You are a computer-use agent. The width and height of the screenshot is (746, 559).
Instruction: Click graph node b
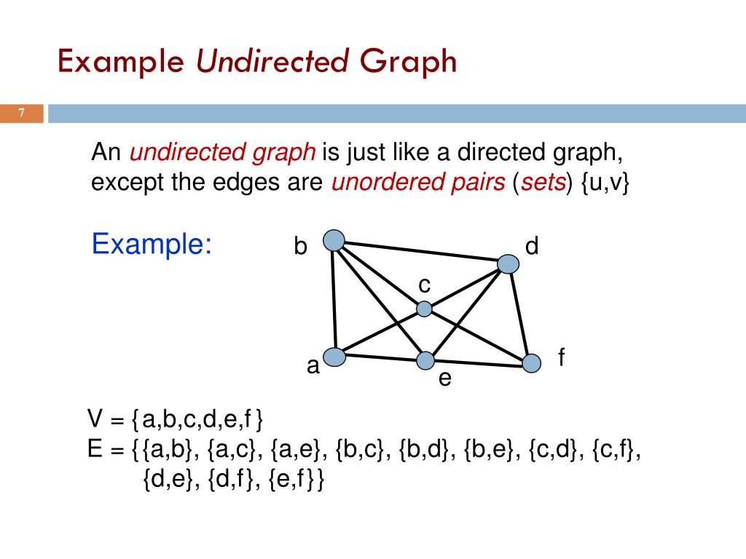point(334,240)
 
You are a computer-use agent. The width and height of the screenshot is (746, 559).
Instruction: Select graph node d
point(509,264)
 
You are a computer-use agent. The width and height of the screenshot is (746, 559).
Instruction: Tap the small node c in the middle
point(424,309)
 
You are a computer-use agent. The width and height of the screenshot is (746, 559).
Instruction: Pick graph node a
point(334,357)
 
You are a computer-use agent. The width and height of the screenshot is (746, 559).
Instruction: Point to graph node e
point(425,360)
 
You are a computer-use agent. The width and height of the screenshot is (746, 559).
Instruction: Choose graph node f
point(533,362)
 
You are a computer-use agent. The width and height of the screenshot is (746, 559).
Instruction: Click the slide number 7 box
point(22,114)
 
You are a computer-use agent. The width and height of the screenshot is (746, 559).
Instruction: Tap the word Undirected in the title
point(272,62)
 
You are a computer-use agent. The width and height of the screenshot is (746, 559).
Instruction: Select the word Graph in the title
point(408,62)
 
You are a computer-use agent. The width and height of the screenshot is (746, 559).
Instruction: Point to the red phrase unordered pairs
point(418,183)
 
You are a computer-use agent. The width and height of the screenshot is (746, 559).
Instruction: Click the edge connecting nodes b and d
point(421,252)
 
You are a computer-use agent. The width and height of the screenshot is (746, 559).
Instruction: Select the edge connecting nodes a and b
point(334,298)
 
